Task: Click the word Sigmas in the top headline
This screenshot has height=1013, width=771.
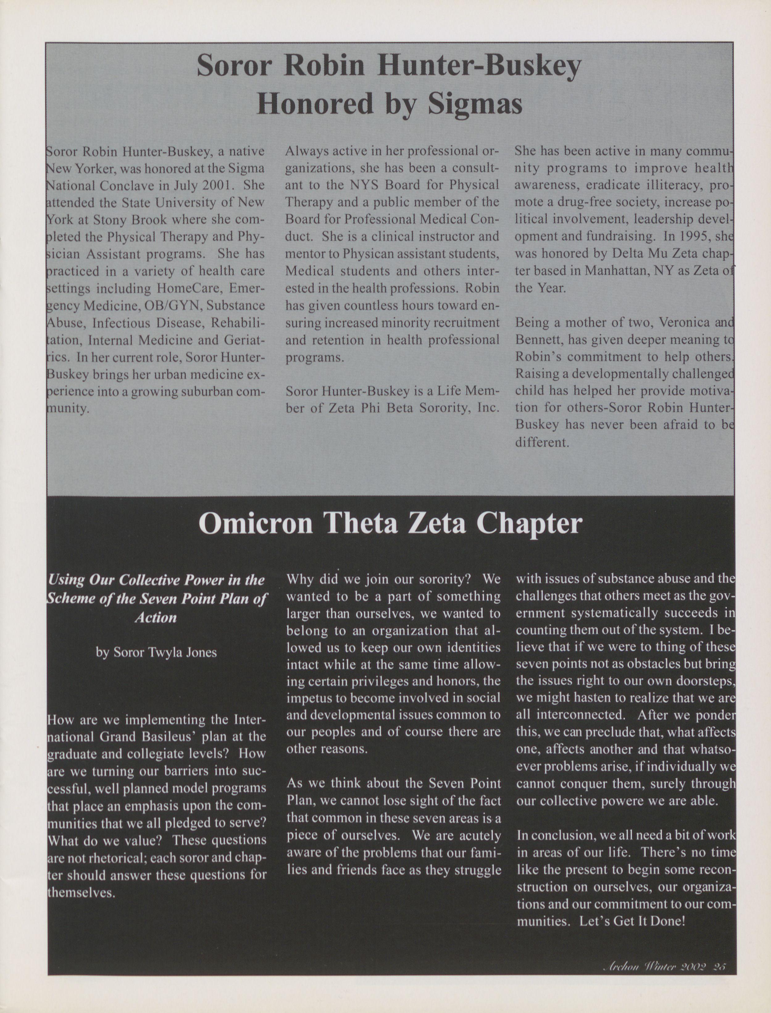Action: tap(475, 104)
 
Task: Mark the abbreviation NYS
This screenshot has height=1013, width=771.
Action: tap(365, 185)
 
